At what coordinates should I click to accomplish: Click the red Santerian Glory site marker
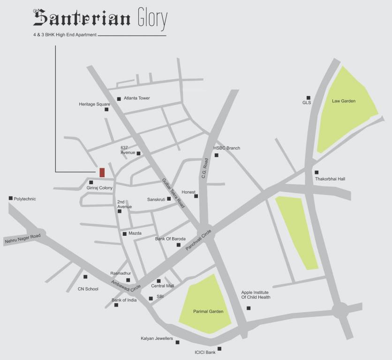point(102,172)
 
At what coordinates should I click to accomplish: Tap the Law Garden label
point(344,101)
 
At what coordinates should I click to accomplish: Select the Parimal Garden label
point(208,311)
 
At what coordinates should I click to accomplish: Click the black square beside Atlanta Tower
point(119,99)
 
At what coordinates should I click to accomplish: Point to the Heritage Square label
point(94,104)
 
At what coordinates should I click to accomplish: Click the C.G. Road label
point(204,168)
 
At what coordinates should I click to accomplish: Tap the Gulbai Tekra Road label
point(173,193)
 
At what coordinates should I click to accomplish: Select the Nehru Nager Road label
point(23,238)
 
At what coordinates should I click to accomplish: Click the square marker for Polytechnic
point(10,198)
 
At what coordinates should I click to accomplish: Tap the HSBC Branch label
point(226,148)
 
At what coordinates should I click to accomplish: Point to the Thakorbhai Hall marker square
point(317,172)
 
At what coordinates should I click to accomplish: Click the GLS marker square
point(309,97)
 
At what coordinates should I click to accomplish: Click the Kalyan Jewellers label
point(157,338)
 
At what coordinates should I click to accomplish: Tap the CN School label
point(88,289)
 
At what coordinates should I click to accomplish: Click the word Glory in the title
point(152,19)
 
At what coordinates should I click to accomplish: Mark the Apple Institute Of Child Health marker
point(249,308)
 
